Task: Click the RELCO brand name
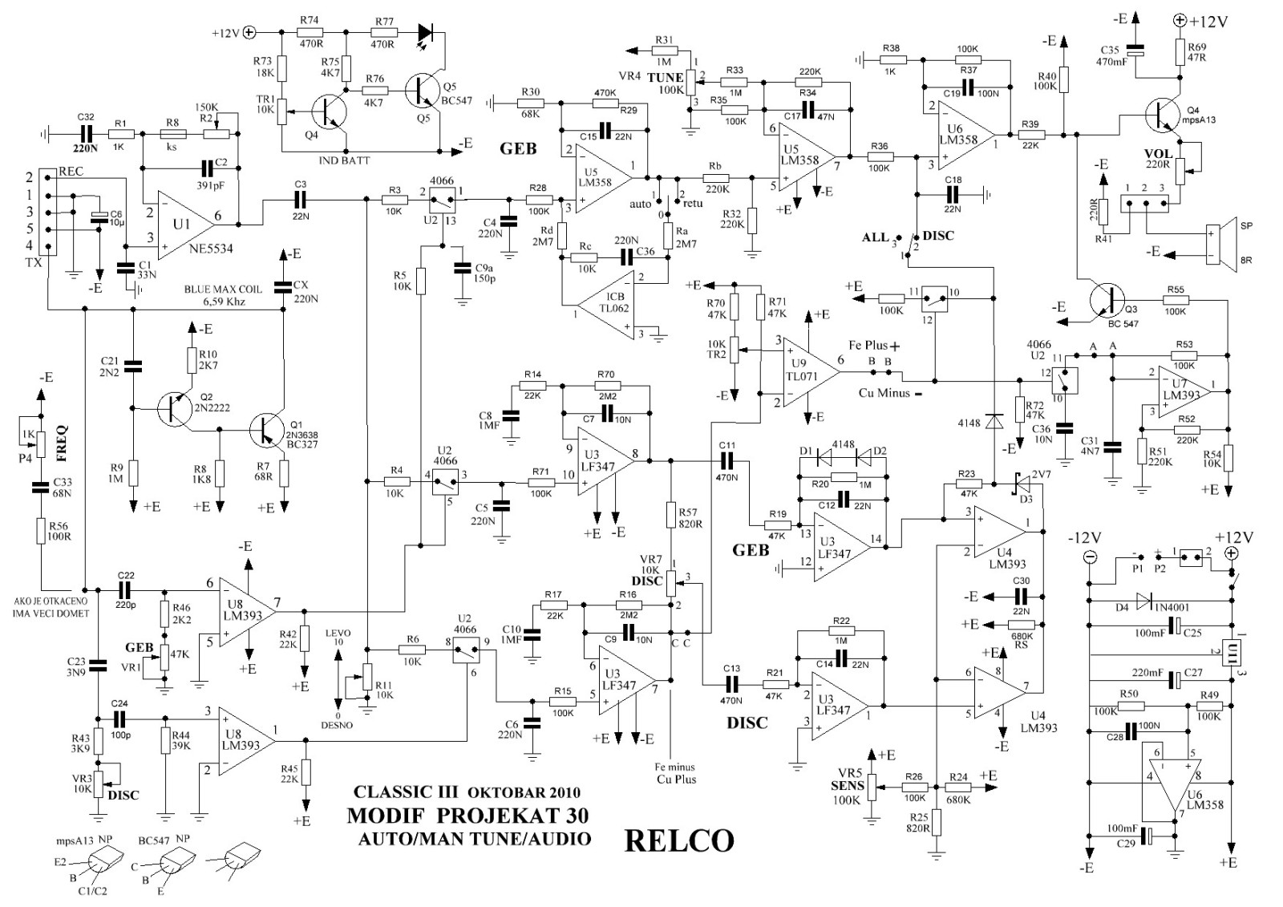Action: point(678,840)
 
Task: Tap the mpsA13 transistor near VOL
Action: point(1164,116)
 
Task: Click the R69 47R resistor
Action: point(1179,52)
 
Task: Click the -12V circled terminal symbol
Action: point(1089,556)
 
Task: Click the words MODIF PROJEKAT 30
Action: point(467,816)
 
